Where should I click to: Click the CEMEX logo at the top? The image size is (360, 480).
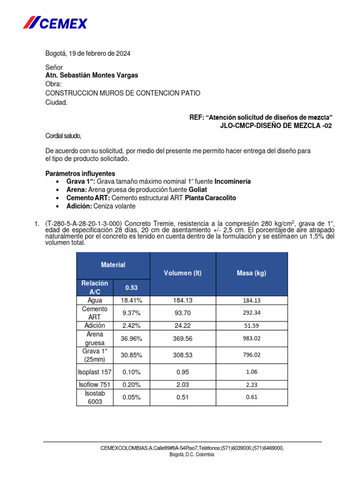[55, 22]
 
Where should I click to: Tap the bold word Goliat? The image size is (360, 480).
[198, 189]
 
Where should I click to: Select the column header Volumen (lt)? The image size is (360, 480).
[182, 273]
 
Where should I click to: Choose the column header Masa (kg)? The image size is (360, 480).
[251, 273]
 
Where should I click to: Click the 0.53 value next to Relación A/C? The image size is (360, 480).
[131, 287]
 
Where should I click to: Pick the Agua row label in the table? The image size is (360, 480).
[95, 300]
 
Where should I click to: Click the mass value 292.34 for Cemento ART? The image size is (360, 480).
[252, 313]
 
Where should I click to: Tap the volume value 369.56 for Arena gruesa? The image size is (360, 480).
[182, 338]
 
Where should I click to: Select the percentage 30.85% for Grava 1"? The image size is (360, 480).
[131, 355]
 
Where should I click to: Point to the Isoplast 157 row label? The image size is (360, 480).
[95, 372]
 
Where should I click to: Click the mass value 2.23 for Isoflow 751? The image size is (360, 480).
[252, 385]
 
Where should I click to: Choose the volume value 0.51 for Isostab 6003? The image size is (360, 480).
[182, 397]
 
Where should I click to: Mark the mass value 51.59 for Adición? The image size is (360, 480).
[252, 326]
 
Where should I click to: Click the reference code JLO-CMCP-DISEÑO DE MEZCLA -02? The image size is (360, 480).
[276, 126]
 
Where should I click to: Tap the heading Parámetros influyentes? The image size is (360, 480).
[80, 173]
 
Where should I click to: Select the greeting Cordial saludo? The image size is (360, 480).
[63, 136]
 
